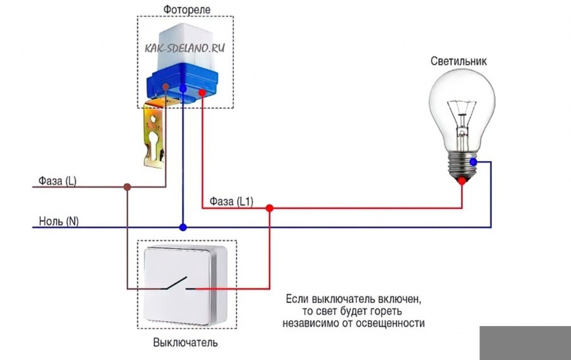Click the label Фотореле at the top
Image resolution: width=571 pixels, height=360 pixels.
click(x=186, y=10)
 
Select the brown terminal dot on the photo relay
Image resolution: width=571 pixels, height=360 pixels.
click(x=165, y=87)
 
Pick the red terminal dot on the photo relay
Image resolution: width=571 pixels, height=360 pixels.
click(x=202, y=93)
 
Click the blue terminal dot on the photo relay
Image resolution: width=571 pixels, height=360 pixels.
click(x=183, y=89)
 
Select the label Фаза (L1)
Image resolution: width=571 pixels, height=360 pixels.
click(x=230, y=201)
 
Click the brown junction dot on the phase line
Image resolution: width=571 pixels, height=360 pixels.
click(x=127, y=186)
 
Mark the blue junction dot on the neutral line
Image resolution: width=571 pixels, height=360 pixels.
click(x=183, y=226)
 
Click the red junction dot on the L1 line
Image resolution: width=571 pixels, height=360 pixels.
click(x=269, y=208)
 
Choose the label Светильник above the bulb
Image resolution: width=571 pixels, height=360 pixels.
click(x=459, y=61)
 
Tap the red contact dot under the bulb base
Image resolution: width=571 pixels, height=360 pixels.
click(x=462, y=181)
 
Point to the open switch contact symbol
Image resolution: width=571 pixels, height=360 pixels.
click(x=177, y=283)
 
